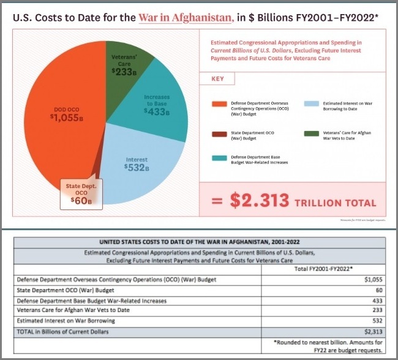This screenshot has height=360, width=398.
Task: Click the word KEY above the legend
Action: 217,79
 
